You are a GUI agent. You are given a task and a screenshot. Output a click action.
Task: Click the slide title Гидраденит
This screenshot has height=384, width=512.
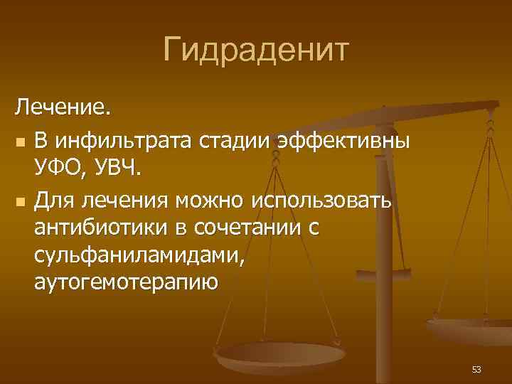[255, 50]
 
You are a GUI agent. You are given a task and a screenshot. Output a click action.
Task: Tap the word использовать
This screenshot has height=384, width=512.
[321, 201]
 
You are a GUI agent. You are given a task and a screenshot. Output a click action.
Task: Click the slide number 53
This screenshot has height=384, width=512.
[476, 369]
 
